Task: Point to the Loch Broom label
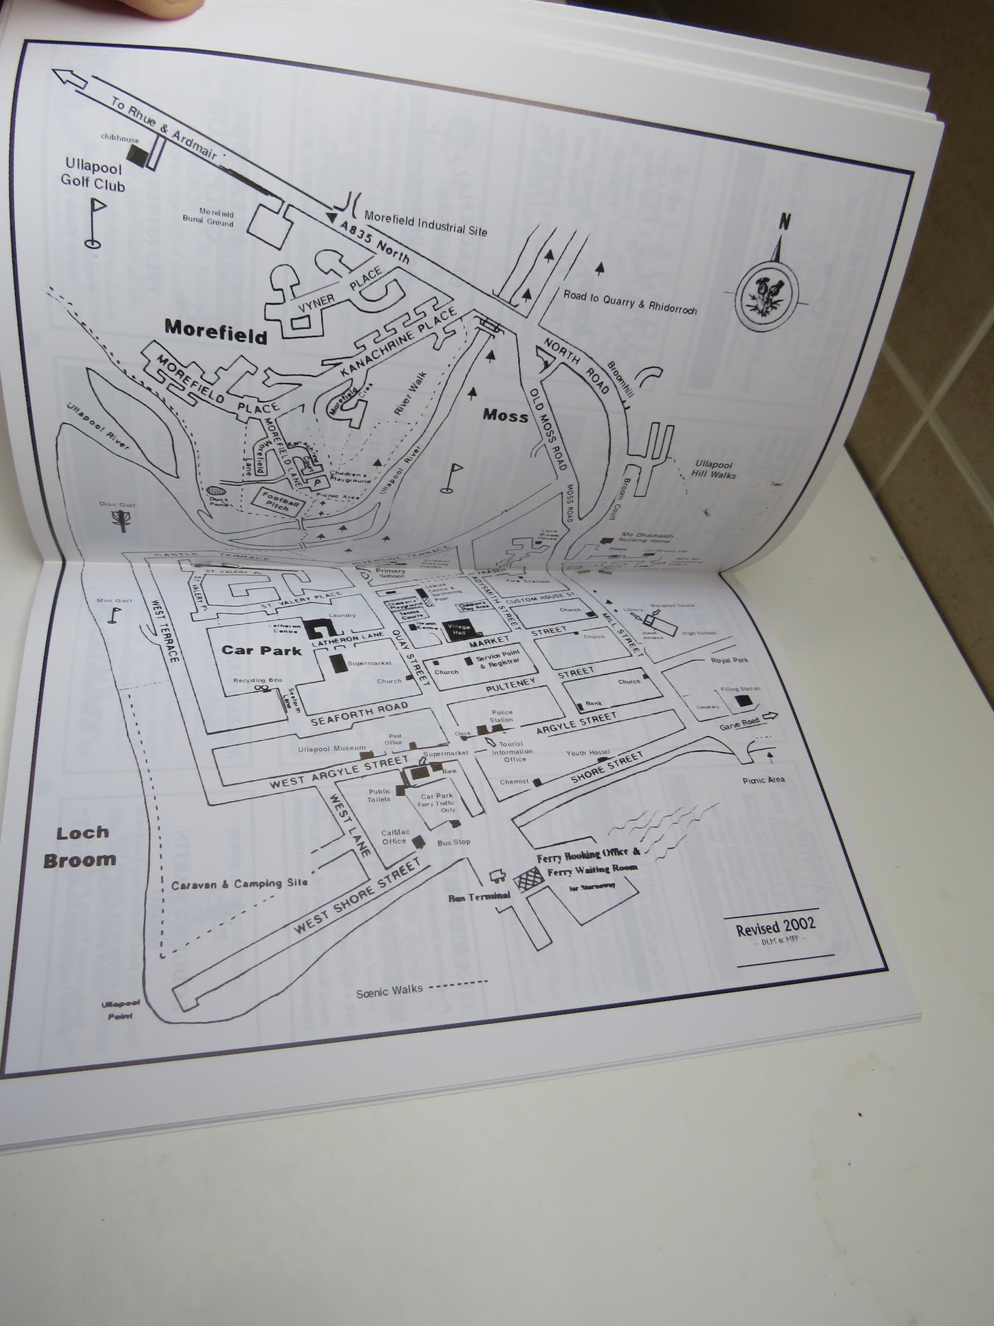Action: click(x=79, y=846)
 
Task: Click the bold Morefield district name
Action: click(x=216, y=333)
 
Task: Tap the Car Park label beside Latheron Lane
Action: click(x=261, y=650)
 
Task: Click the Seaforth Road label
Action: click(x=359, y=714)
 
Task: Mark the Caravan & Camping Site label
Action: click(x=239, y=884)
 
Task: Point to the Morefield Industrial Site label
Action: click(x=425, y=223)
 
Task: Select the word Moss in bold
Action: click(x=506, y=414)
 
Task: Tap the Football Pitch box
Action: click(x=279, y=504)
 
